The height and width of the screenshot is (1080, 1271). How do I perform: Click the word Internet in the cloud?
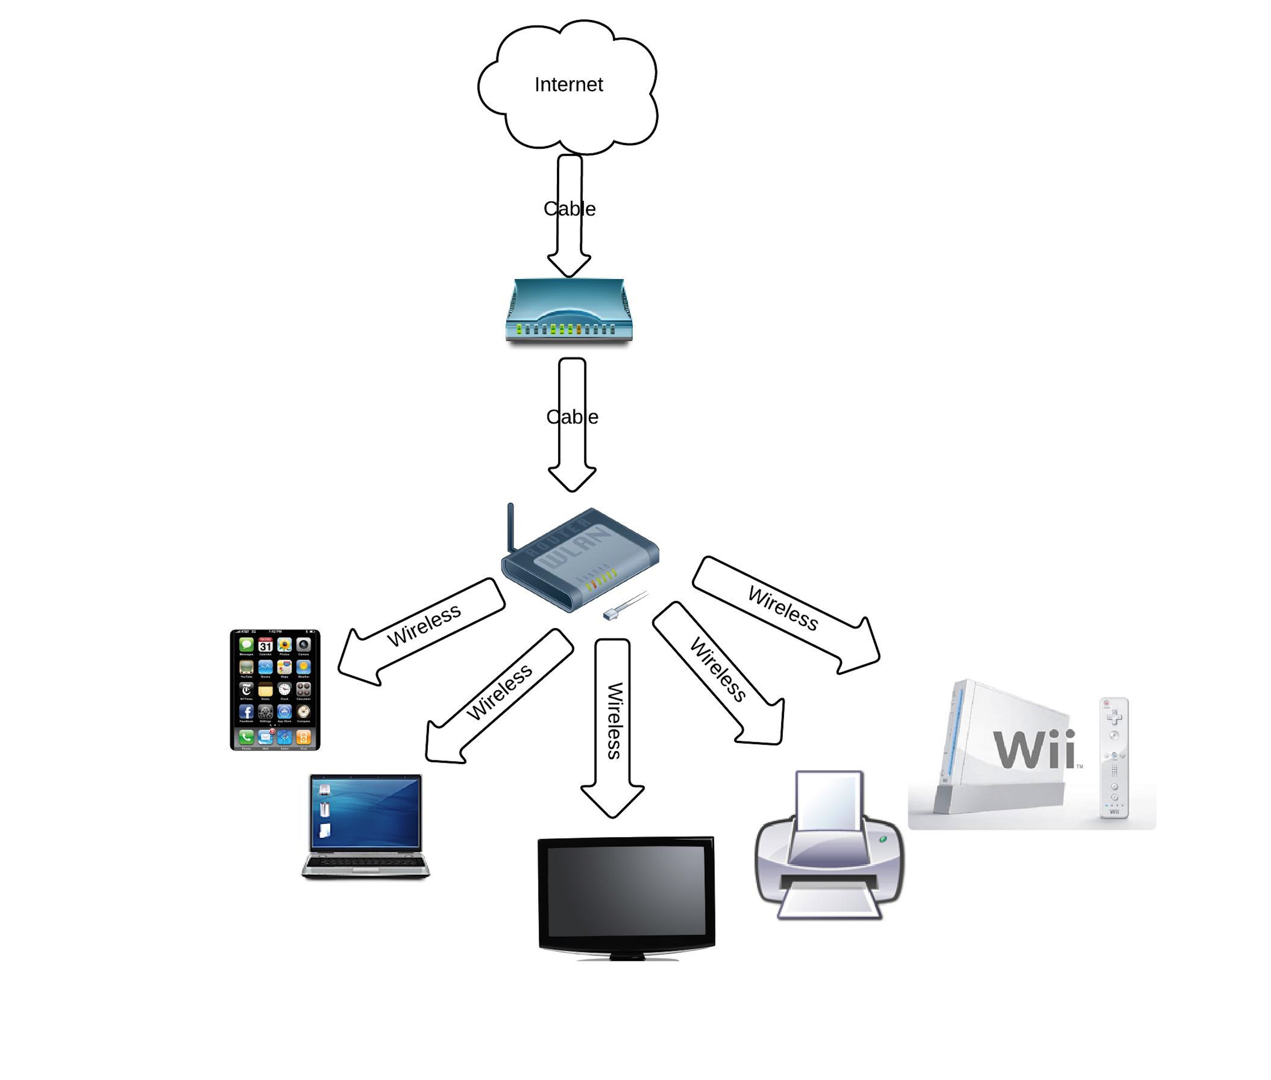click(x=568, y=85)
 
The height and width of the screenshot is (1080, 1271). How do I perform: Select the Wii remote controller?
click(x=1114, y=757)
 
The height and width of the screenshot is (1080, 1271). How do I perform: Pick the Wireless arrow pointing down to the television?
click(x=612, y=723)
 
